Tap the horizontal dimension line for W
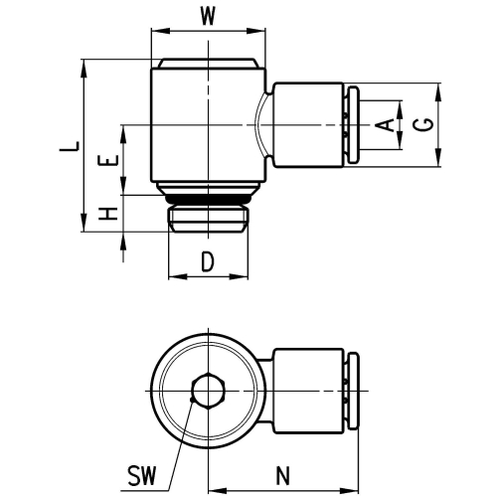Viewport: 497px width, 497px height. point(210,32)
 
